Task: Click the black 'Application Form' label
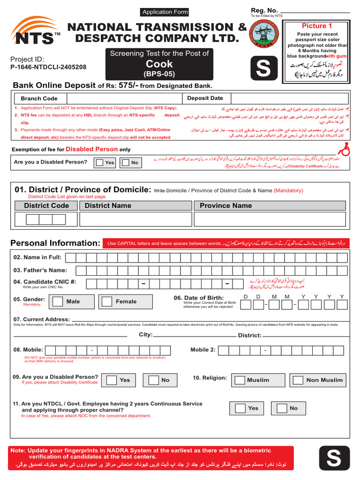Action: click(x=165, y=12)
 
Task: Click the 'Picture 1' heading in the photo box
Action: click(x=317, y=26)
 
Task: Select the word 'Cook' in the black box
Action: click(x=159, y=64)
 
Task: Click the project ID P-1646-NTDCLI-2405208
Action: click(x=48, y=67)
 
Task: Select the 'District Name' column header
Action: click(x=108, y=206)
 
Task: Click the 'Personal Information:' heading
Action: click(x=55, y=243)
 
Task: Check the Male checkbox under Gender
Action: click(x=58, y=301)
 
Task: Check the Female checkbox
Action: click(x=107, y=301)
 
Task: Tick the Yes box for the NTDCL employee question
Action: click(x=240, y=408)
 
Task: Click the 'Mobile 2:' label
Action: click(x=203, y=350)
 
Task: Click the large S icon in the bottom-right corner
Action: click(x=334, y=458)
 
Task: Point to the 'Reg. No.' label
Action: click(x=264, y=10)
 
